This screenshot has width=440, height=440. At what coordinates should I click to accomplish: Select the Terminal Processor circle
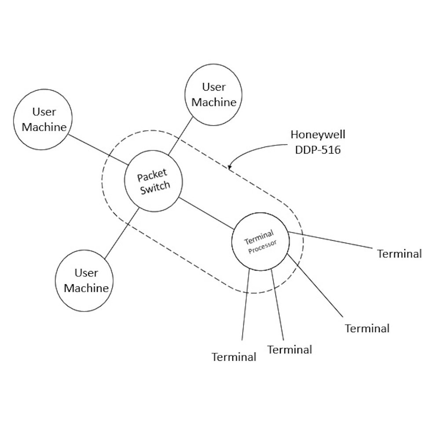(x=260, y=242)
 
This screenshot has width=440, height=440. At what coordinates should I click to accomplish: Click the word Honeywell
(x=318, y=134)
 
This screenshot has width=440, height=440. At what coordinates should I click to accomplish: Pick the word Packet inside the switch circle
(x=152, y=175)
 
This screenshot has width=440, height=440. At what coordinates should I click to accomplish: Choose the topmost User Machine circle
(x=214, y=95)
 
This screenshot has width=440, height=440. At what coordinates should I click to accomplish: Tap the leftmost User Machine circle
(x=44, y=120)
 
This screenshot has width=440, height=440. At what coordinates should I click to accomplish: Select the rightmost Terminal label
(x=399, y=253)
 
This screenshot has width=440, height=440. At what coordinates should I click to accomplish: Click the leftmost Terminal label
(x=234, y=357)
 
